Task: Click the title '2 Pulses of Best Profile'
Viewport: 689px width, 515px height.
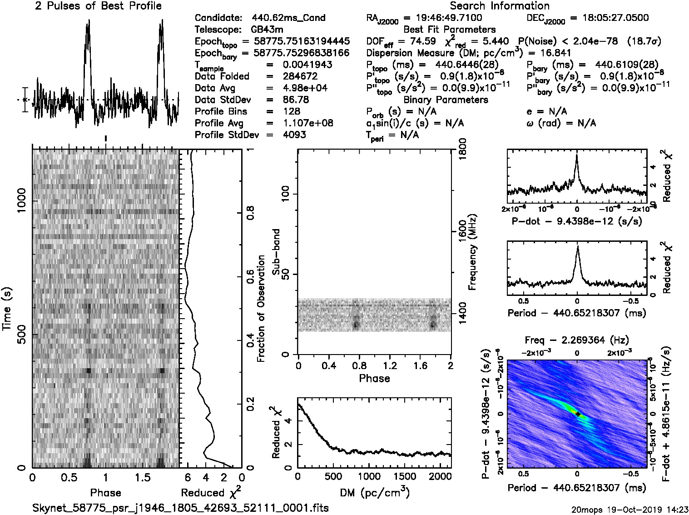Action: pos(98,6)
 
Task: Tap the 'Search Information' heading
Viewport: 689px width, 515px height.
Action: pos(499,6)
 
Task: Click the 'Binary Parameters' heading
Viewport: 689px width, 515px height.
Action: pos(446,100)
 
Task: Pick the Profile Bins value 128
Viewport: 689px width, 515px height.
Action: pos(291,112)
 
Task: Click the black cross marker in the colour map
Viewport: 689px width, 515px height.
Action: pos(577,414)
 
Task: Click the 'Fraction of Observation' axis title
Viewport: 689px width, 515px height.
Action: pos(261,309)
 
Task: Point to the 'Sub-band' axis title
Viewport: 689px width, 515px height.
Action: pos(276,252)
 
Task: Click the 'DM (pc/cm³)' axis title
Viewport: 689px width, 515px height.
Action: pos(374,492)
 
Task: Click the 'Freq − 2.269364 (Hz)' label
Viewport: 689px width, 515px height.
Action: pos(577,340)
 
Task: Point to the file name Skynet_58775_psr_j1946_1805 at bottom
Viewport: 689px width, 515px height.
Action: pos(181,508)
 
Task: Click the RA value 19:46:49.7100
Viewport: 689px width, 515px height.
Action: pos(443,18)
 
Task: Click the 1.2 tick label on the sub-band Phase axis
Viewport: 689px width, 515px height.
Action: pos(389,366)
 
